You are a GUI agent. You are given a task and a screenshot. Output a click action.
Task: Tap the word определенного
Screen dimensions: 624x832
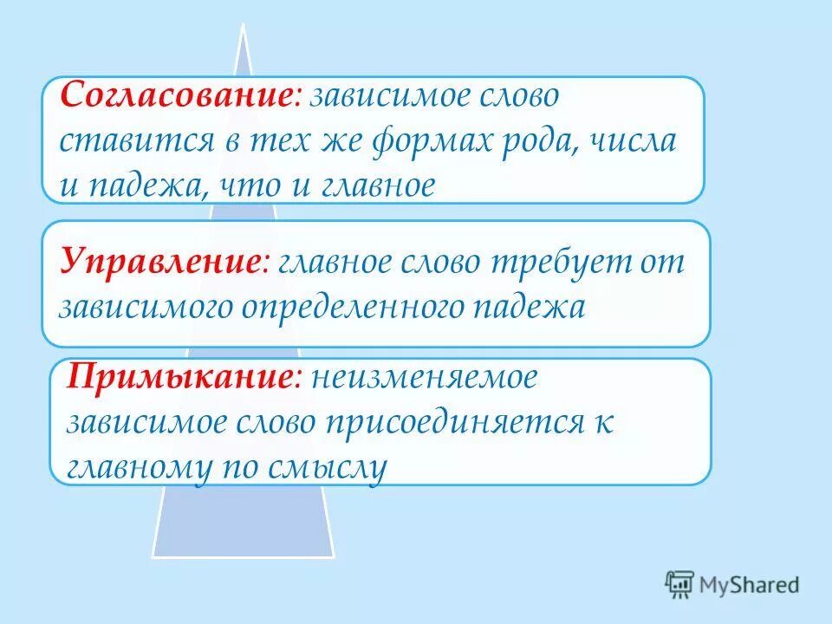pos(361,307)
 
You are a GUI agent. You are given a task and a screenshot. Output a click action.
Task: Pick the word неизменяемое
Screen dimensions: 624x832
pos(425,379)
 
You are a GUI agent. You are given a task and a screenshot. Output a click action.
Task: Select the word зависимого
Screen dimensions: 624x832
pos(151,307)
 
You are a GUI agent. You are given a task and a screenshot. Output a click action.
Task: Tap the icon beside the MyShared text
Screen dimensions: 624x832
pos(680,584)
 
